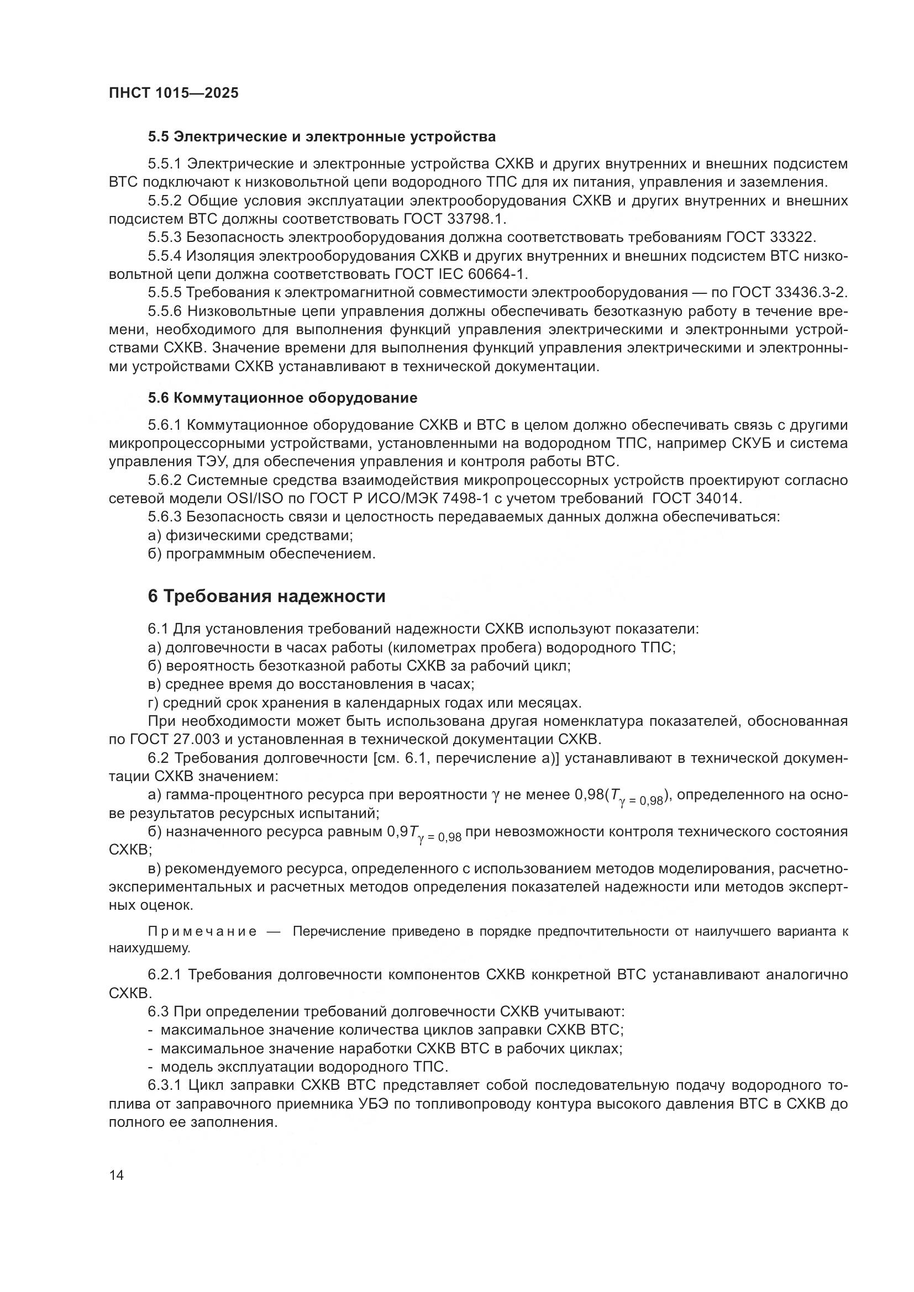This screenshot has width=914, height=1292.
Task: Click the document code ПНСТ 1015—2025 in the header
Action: point(174,93)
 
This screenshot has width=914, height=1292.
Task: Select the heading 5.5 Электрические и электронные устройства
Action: point(322,137)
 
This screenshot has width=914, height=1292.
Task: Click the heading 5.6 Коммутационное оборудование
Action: point(282,398)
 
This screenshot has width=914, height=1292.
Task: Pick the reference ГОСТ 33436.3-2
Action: point(789,293)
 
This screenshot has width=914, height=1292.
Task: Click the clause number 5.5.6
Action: point(165,311)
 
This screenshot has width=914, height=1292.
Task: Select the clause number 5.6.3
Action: point(165,516)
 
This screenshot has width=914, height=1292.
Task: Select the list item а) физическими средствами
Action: point(250,535)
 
